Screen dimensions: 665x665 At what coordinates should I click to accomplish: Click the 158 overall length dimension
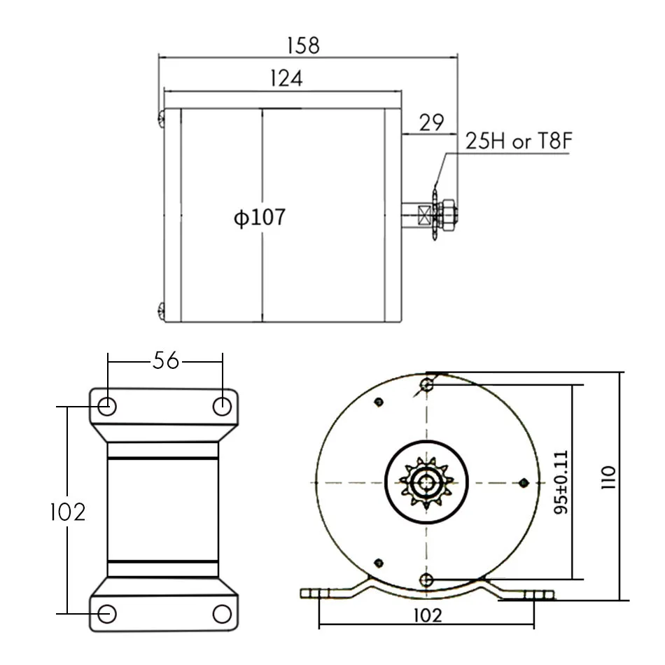303,45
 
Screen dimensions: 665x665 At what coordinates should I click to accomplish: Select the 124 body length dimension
286,78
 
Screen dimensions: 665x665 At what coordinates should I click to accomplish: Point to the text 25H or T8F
518,142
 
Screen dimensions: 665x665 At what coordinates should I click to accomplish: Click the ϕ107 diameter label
260,218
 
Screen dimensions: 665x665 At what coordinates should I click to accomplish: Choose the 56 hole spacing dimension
165,360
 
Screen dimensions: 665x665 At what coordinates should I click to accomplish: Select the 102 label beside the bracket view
67,512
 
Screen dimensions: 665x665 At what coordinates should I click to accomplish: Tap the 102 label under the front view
428,615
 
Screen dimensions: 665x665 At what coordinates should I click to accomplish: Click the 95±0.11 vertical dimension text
561,482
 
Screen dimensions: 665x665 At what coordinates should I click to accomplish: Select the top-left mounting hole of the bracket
107,405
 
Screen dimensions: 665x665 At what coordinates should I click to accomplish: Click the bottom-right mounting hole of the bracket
222,614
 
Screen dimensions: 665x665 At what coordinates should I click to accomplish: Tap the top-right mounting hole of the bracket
223,405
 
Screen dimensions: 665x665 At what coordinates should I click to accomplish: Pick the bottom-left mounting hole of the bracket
107,614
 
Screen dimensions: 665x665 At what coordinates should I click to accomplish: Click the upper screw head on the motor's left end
161,118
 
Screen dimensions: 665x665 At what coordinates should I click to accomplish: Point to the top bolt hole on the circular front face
428,384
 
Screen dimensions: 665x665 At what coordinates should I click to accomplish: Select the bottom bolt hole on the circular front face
428,579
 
